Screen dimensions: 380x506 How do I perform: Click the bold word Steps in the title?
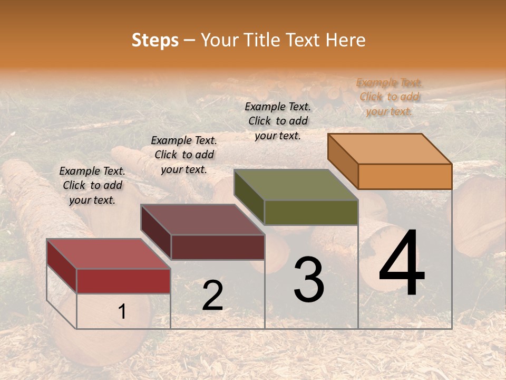tap(155, 40)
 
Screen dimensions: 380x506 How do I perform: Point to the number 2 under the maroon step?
tap(212, 296)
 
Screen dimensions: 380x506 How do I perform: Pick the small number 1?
tap(122, 312)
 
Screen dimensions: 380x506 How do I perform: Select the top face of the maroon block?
tap(202, 220)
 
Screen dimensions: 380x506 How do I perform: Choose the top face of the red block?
tap(109, 254)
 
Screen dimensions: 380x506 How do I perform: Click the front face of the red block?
tap(123, 281)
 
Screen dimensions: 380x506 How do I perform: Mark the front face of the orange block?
tap(405, 176)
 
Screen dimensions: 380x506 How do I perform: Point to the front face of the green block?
tap(311, 212)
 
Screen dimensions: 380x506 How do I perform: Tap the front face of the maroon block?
tap(217, 247)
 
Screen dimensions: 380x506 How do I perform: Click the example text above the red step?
tap(92, 185)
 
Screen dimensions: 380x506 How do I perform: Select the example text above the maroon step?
tap(184, 155)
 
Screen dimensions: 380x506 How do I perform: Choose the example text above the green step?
tap(278, 121)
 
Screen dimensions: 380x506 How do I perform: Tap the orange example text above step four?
tap(390, 97)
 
